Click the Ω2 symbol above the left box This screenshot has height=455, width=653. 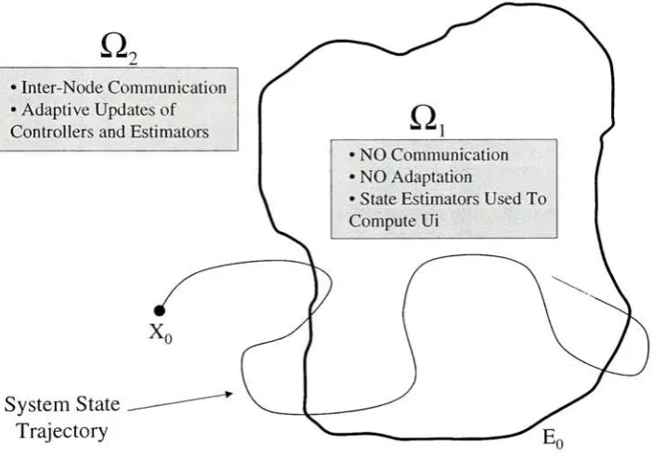tap(119, 49)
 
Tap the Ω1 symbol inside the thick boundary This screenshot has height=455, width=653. tap(427, 121)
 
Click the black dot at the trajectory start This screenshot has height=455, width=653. tap(159, 310)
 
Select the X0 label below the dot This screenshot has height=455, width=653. tap(161, 334)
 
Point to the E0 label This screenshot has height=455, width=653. tap(553, 438)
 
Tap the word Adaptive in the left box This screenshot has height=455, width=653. tap(57, 110)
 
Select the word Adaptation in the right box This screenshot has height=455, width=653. tap(432, 177)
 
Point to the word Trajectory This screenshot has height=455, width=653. tap(62, 432)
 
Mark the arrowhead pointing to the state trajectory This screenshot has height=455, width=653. tap(229, 394)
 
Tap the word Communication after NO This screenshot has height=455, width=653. tap(451, 155)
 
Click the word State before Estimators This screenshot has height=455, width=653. tap(378, 199)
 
